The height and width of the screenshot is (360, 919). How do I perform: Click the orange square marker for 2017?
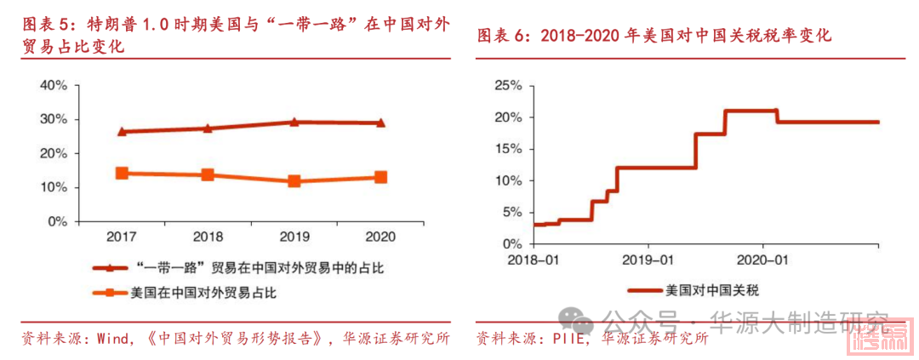point(122,173)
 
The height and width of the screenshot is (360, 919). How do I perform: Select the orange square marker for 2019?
point(294,181)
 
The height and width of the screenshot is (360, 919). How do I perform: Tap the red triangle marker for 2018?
point(208,129)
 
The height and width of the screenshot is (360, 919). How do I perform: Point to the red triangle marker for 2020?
point(380,123)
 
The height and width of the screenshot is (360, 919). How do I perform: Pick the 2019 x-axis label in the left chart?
point(294,236)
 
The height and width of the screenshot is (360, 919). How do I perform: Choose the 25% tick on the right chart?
point(506,85)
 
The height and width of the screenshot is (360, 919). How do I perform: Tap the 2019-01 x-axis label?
point(647,258)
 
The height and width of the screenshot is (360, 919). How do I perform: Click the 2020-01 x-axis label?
point(763,258)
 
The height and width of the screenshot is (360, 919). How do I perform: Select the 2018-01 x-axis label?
point(532,258)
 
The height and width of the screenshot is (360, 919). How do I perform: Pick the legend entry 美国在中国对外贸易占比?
point(204,294)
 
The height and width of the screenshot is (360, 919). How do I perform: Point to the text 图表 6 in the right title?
point(503,36)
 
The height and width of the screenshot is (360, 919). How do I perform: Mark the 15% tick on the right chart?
point(506,149)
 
